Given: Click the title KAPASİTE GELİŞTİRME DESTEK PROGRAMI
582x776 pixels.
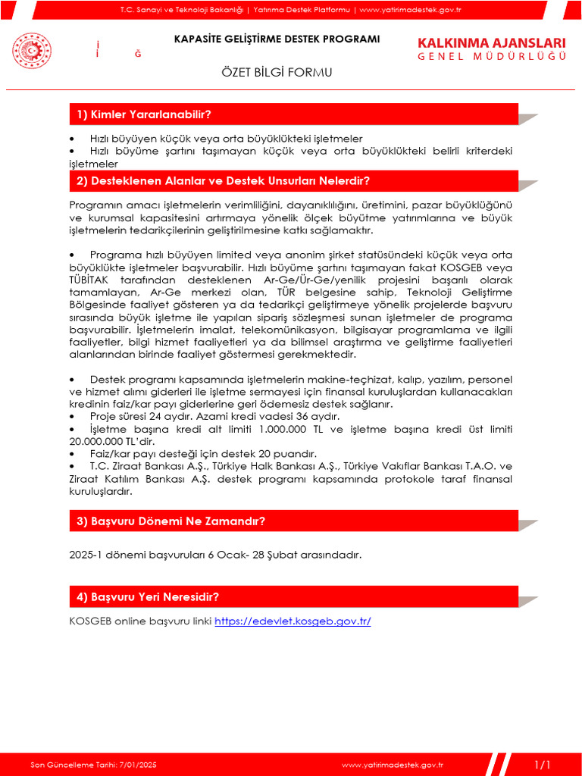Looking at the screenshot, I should pyautogui.click(x=277, y=39).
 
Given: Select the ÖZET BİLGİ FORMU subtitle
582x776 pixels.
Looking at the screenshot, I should pyautogui.click(x=276, y=72).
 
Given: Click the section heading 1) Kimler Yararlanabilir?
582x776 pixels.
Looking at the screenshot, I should pyautogui.click(x=144, y=114).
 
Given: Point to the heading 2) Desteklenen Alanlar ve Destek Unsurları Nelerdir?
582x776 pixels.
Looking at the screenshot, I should pyautogui.click(x=223, y=181).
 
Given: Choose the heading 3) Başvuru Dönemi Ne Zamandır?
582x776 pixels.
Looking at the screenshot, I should pyautogui.click(x=171, y=521).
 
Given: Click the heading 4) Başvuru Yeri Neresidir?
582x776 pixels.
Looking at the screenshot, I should pyautogui.click(x=148, y=597).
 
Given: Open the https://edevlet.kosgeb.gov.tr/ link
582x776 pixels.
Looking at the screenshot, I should pyautogui.click(x=293, y=621).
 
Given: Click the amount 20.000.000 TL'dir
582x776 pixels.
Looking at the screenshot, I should pyautogui.click(x=112, y=441).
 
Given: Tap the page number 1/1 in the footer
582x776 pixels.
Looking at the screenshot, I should pyautogui.click(x=542, y=764).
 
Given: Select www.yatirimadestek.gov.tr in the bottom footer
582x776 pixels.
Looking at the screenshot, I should pyautogui.click(x=392, y=765).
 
